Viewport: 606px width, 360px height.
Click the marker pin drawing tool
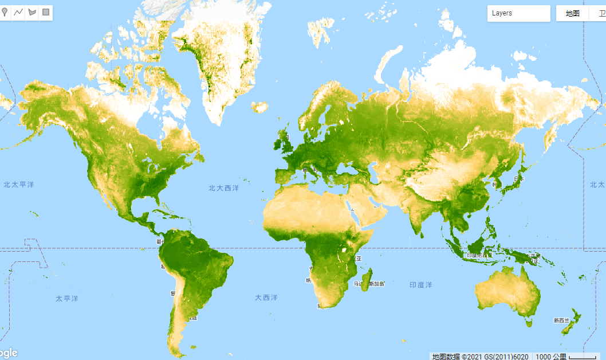point(5,12)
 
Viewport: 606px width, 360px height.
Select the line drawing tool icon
point(18,12)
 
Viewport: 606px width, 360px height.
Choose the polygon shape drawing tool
point(32,12)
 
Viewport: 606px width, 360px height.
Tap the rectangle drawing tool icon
point(46,12)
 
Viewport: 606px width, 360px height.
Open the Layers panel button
point(518,13)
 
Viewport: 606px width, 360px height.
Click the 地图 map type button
point(573,14)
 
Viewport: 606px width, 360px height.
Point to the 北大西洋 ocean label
point(223,188)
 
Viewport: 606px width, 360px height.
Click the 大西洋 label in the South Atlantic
point(266,298)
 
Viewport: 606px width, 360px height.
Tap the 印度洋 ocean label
point(420,285)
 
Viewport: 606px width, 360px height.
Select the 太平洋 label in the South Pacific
point(66,299)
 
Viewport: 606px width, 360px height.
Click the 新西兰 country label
point(561,320)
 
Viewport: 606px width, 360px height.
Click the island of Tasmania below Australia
point(529,322)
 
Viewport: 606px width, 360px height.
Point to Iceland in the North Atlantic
point(260,107)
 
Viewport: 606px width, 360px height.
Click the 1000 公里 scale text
point(550,357)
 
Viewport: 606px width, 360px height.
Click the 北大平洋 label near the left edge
point(18,185)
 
